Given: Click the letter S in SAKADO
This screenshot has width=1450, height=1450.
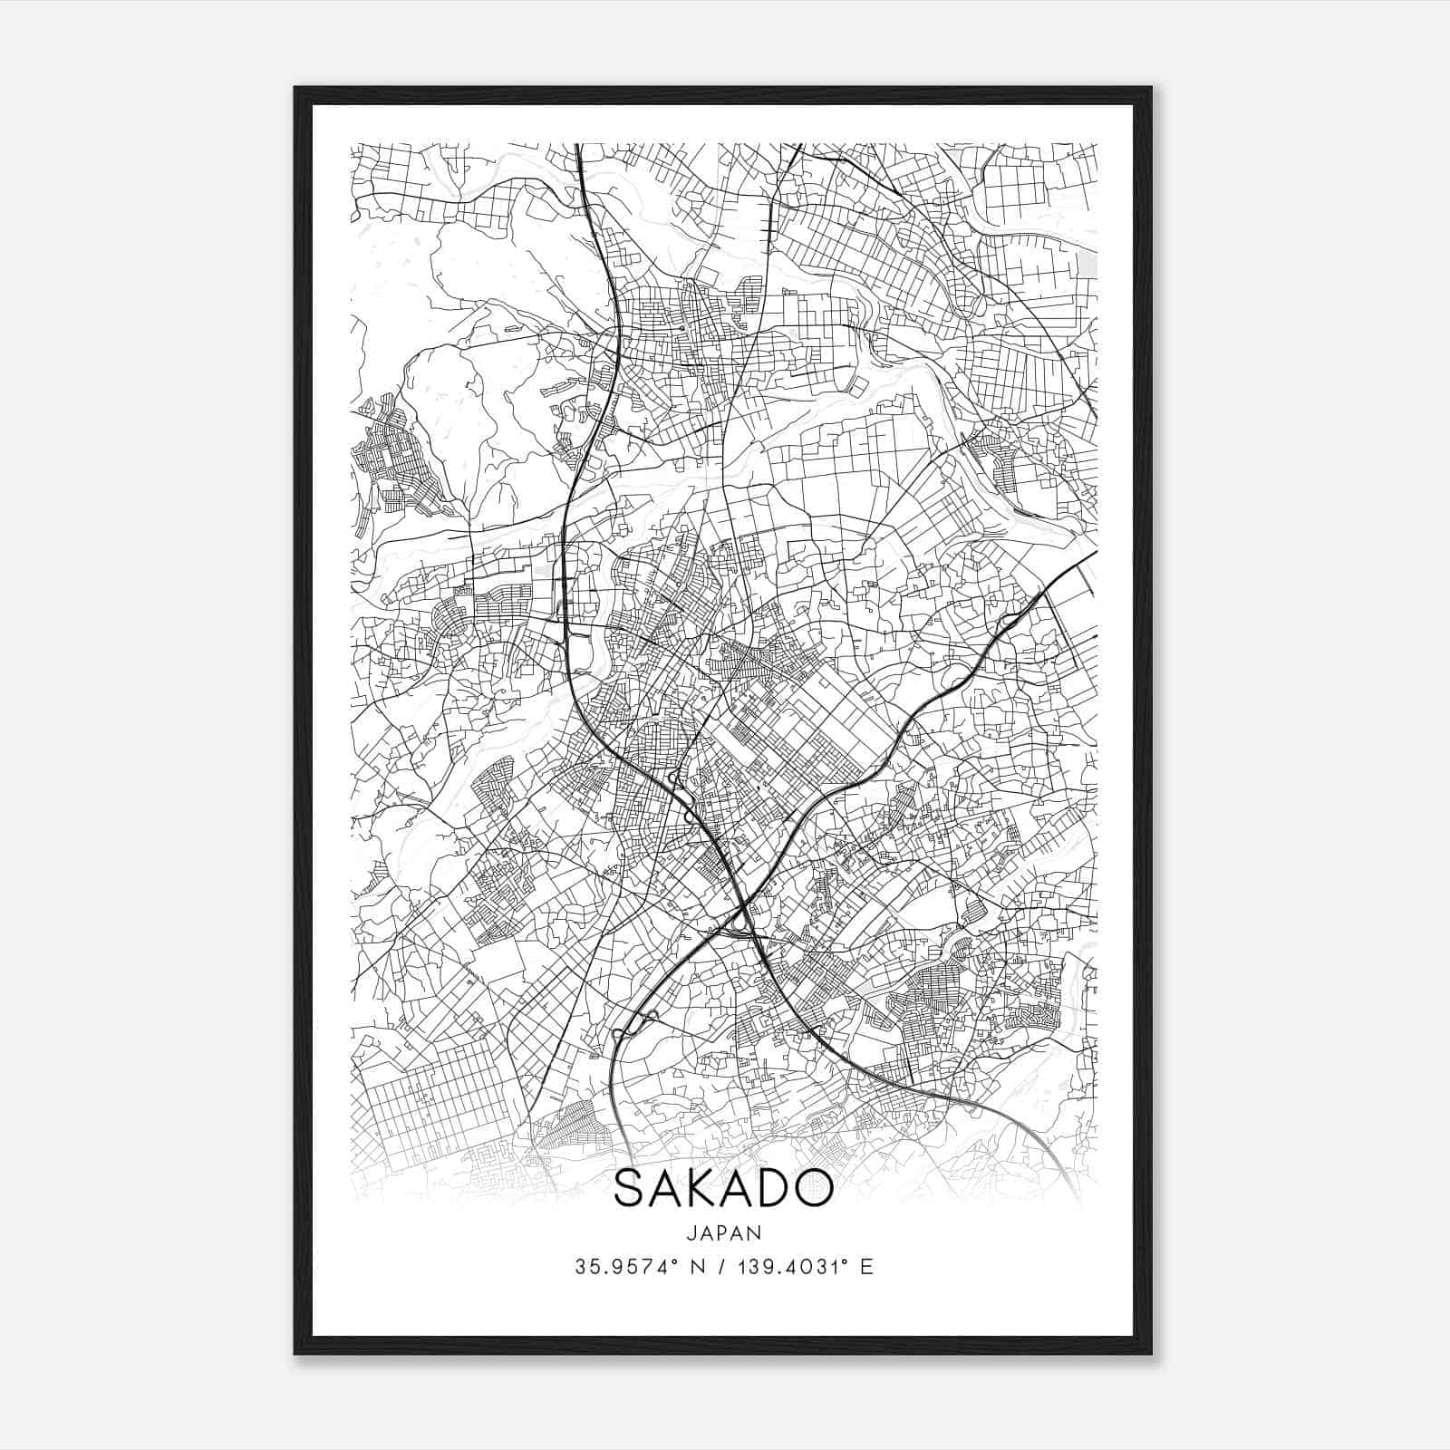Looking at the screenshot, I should [632, 1189].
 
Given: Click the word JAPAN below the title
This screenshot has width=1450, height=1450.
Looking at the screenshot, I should [723, 1232].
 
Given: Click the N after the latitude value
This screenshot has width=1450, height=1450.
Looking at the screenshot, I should [699, 1267].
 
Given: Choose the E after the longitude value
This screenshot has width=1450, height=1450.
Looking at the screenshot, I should [867, 1267].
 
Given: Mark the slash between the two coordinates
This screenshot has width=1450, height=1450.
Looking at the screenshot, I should [723, 1267].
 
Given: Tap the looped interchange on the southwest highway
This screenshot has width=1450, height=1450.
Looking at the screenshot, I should [635, 1025].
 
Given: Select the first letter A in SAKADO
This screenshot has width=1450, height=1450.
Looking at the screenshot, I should [665, 1189].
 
